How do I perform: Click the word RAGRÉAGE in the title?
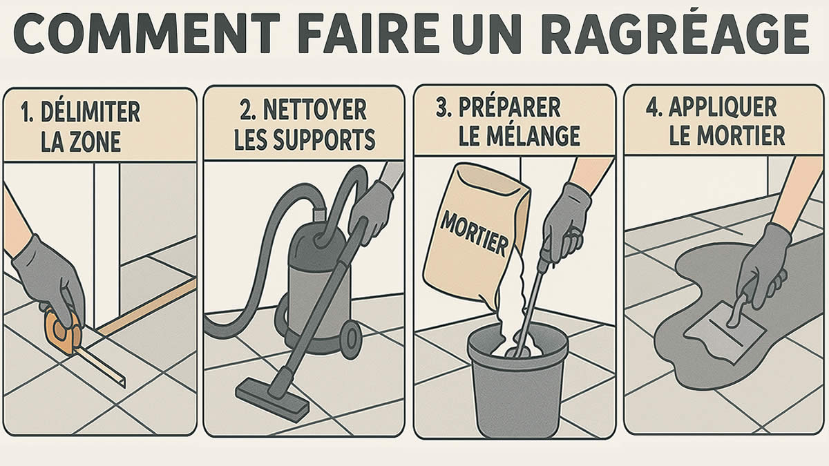point(676,34)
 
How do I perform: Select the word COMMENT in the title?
point(146,33)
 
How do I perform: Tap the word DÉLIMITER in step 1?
point(90,111)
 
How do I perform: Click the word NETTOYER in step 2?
point(314,109)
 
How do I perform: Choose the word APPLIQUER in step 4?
point(723,107)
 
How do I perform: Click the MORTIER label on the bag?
point(475,234)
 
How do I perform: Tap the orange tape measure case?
point(63,330)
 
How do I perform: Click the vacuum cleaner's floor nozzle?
point(272,400)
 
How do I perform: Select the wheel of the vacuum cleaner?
point(351,339)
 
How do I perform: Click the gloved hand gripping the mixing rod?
point(565,226)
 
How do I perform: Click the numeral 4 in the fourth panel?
point(651,106)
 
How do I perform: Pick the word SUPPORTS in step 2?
point(324,139)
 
